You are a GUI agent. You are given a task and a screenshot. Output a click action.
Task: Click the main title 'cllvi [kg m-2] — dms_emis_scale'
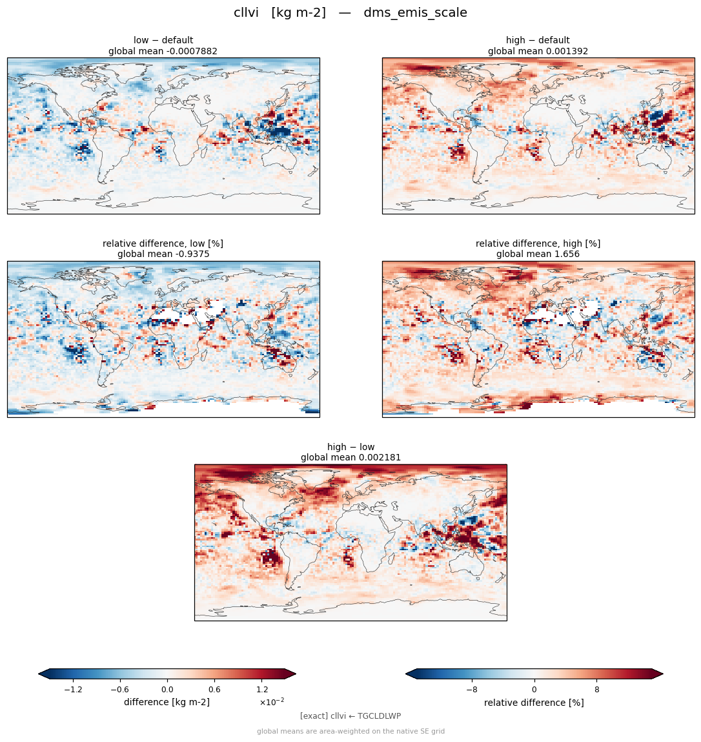pyautogui.click(x=350, y=13)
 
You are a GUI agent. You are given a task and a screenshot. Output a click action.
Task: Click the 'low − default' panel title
pyautogui.click(x=163, y=40)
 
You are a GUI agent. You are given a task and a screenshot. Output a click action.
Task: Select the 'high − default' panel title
pyautogui.click(x=538, y=40)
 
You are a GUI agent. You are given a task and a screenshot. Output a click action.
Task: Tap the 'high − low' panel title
pyautogui.click(x=350, y=447)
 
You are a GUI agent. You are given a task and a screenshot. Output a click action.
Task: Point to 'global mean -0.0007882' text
pyautogui.click(x=163, y=51)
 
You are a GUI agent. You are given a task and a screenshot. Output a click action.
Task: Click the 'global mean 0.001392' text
pyautogui.click(x=538, y=51)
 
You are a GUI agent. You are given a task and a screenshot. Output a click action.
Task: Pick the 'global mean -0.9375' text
pyautogui.click(x=163, y=254)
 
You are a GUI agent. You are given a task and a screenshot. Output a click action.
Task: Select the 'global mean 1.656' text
pyautogui.click(x=538, y=254)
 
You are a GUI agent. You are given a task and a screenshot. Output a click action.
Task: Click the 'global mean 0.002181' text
pyautogui.click(x=350, y=458)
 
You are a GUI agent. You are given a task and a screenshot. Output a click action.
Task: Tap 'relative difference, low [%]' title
pyautogui.click(x=163, y=243)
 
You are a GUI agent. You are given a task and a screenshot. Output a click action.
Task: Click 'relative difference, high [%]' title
pyautogui.click(x=538, y=243)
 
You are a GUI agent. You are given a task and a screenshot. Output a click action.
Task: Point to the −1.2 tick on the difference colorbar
pyautogui.click(x=73, y=690)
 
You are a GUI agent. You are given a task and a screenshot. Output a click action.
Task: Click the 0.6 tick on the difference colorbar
pyautogui.click(x=214, y=690)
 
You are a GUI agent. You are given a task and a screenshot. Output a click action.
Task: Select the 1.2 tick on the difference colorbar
pyautogui.click(x=262, y=690)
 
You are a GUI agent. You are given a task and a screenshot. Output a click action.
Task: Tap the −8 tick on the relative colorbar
pyautogui.click(x=472, y=690)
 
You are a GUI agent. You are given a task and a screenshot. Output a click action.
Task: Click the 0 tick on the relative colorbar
pyautogui.click(x=534, y=690)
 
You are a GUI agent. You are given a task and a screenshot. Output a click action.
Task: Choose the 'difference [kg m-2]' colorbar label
pyautogui.click(x=167, y=702)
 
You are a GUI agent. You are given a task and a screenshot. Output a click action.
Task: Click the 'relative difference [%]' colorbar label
pyautogui.click(x=534, y=703)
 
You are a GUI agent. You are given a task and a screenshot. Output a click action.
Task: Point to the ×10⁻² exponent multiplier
pyautogui.click(x=272, y=702)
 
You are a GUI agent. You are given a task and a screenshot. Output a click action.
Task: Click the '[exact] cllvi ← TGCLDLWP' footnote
pyautogui.click(x=350, y=716)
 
